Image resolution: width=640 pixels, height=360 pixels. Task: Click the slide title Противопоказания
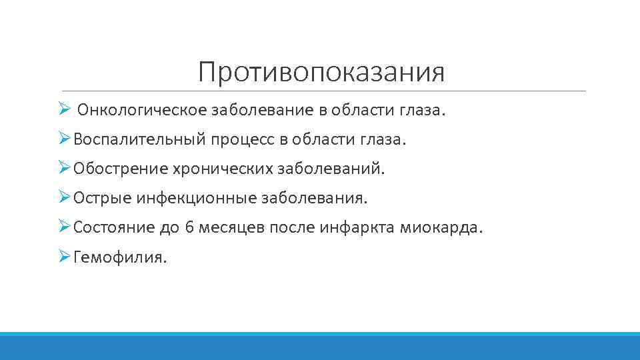[321, 72]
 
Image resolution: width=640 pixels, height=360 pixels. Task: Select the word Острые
[102, 198]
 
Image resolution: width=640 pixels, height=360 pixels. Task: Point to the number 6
[189, 227]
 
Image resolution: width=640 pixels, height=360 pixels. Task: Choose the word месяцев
[232, 227]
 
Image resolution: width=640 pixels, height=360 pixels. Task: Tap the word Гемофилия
[121, 257]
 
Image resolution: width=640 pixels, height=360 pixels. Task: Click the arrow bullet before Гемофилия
[64, 255]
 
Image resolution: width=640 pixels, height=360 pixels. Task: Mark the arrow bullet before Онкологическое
[64, 109]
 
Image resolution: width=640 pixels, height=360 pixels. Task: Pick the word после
[293, 227]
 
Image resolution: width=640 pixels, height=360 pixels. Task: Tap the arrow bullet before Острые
[64, 197]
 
